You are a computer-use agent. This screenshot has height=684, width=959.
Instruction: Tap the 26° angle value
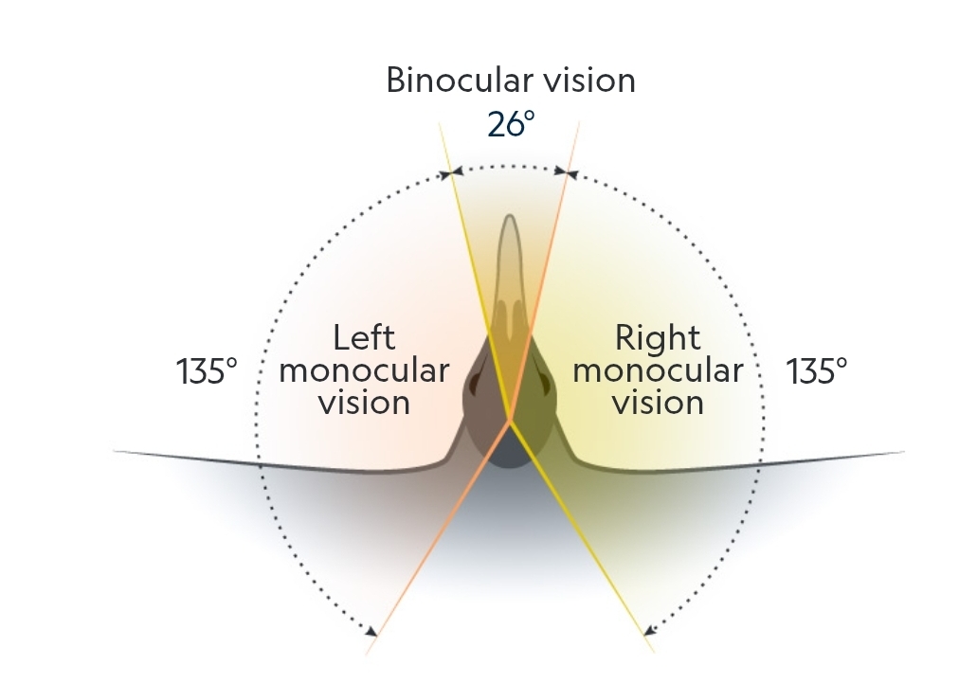click(x=511, y=124)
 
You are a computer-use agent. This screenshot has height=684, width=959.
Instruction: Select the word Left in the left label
click(x=364, y=338)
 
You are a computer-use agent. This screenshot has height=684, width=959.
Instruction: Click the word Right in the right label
click(x=658, y=338)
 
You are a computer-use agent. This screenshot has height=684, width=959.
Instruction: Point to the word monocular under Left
click(x=364, y=370)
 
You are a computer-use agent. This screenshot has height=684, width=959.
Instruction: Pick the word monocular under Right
click(x=658, y=370)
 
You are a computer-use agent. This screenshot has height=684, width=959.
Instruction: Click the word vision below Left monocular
click(x=364, y=403)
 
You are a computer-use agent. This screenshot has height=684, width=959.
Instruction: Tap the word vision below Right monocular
click(x=658, y=403)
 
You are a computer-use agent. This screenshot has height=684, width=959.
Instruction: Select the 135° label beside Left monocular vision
click(x=207, y=370)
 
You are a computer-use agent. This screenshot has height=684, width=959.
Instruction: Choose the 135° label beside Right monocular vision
click(x=817, y=370)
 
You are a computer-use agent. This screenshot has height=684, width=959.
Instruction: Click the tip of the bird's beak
click(x=510, y=218)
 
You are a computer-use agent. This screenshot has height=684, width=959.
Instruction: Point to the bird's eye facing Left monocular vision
click(x=473, y=384)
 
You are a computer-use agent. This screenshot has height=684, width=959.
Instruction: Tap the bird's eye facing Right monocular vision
click(x=548, y=384)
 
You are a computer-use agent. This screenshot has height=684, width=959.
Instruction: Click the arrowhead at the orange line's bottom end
click(x=377, y=632)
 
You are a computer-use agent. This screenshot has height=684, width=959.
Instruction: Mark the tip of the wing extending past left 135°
click(x=116, y=451)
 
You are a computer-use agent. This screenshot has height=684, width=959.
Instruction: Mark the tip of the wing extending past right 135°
click(x=903, y=452)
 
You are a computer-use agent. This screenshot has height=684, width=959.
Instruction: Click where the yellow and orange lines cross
click(x=511, y=419)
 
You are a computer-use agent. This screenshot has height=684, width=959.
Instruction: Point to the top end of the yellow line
click(x=439, y=123)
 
